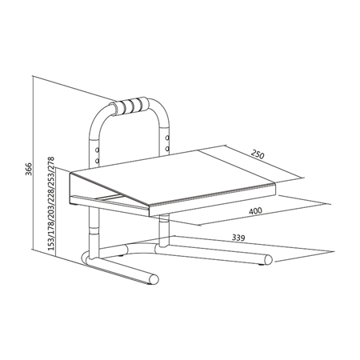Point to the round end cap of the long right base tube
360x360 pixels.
pyautogui.click(x=267, y=259)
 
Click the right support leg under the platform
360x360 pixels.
pyautogui.click(x=163, y=232)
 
